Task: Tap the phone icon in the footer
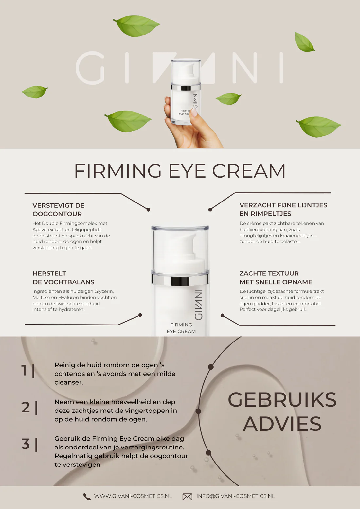(87, 497)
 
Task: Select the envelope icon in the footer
(187, 497)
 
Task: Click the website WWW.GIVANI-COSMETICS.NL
(133, 496)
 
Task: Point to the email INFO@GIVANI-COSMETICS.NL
(236, 496)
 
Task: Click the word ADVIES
(282, 424)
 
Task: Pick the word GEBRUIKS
(282, 400)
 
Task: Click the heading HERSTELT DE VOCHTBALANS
(63, 278)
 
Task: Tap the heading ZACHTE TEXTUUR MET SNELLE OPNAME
(276, 278)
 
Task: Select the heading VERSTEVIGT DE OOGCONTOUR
(58, 209)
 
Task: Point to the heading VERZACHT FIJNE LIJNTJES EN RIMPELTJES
(283, 209)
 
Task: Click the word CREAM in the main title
(249, 171)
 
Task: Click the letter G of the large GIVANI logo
(90, 68)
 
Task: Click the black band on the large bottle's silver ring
(180, 281)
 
